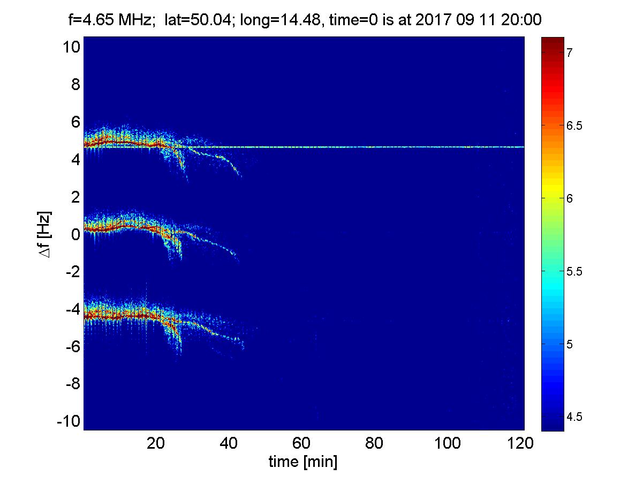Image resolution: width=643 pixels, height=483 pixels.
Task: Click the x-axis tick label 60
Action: [301, 443]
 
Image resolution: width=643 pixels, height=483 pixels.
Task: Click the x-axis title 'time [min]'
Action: [303, 462]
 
